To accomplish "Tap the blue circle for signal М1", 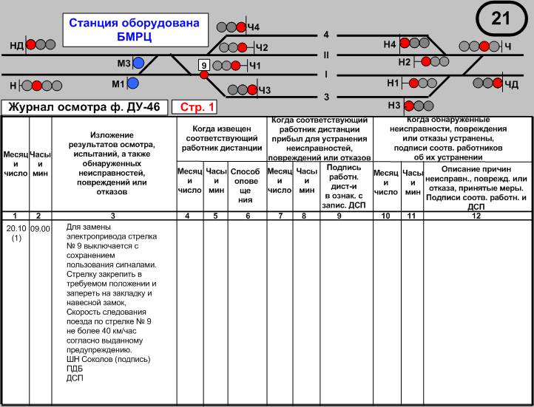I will tap(133, 83).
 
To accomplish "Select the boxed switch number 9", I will tap(204, 65).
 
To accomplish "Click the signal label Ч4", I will tap(254, 27).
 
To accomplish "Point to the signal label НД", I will tap(16, 45).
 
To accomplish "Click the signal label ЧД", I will tap(512, 83).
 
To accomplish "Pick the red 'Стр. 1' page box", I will tap(194, 108).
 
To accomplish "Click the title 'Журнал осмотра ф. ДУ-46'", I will tap(84, 108).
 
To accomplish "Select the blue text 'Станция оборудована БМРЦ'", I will tap(134, 29).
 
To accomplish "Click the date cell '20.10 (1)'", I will tap(15, 233).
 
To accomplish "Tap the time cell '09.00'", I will tap(40, 228).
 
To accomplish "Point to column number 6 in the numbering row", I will tap(247, 216).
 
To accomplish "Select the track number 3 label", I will tap(325, 97).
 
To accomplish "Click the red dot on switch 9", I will tap(204, 75).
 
